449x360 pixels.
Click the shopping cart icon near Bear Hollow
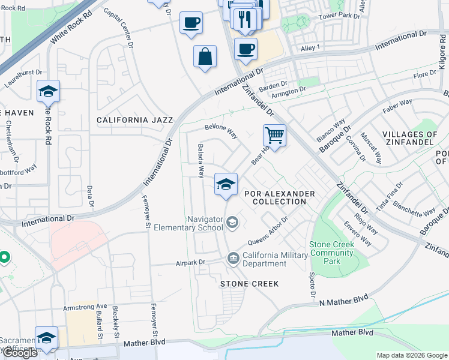274,135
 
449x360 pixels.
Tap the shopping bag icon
205,56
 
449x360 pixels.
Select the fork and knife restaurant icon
244,19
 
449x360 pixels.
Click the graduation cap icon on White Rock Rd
48,91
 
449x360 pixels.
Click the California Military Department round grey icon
232,259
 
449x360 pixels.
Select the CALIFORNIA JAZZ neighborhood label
135,120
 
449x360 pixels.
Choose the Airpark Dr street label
190,262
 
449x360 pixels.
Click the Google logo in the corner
19,353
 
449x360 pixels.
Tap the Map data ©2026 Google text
412,355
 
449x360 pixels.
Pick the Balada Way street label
201,161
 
